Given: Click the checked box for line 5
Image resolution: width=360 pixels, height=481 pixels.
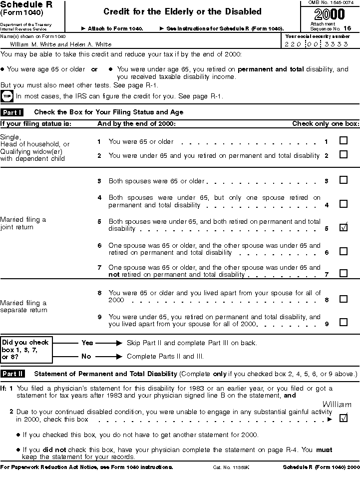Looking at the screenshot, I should [344, 227].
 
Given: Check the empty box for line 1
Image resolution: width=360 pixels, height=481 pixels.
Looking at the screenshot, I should [344, 140].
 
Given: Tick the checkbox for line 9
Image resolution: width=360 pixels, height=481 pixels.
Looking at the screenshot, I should [344, 322].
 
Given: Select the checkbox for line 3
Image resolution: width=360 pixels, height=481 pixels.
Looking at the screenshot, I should [344, 180].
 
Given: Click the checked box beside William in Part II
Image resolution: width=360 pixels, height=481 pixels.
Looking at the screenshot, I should [344, 418].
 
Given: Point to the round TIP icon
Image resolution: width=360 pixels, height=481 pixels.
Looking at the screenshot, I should [7, 96].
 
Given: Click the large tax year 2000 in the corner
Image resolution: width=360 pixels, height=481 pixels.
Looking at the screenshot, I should [330, 14].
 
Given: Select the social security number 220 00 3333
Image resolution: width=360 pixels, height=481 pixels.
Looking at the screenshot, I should [317, 44].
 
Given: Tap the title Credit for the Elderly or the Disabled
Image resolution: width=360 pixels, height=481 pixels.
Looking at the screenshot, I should [182, 11].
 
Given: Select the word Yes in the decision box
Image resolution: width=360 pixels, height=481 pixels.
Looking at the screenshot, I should [87, 343].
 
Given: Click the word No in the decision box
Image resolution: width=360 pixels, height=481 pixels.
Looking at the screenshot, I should [86, 357].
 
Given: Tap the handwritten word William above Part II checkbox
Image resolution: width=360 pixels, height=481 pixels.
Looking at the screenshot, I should [337, 404].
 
